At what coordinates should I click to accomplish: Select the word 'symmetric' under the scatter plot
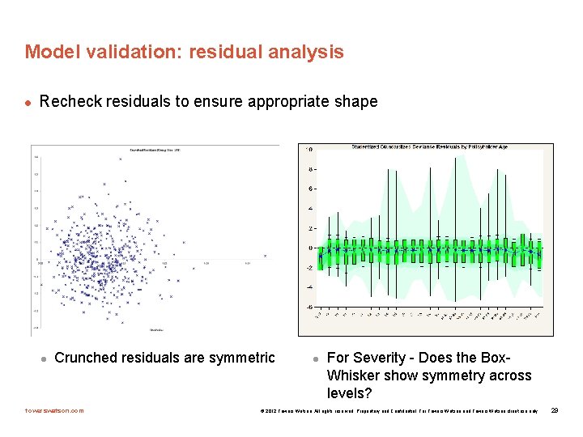(239, 358)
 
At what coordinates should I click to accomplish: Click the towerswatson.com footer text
(54, 411)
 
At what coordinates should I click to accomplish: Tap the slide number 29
(555, 411)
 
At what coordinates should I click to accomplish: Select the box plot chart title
(431, 147)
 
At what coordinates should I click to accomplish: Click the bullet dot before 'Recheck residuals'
(28, 103)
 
